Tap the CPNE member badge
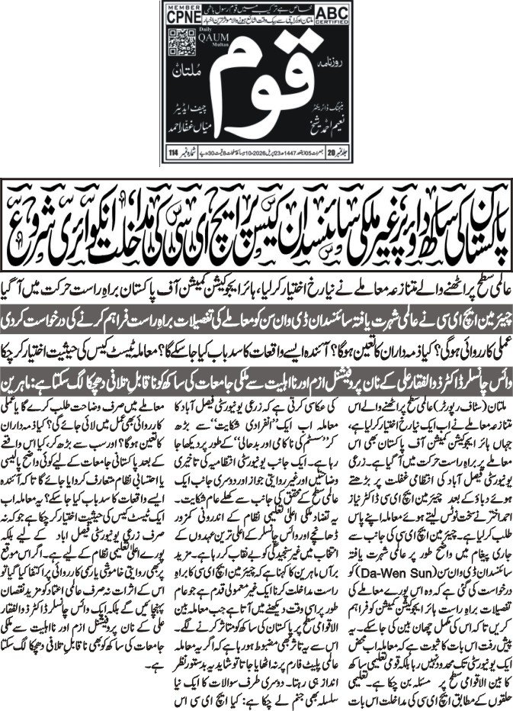click(x=182, y=16)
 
